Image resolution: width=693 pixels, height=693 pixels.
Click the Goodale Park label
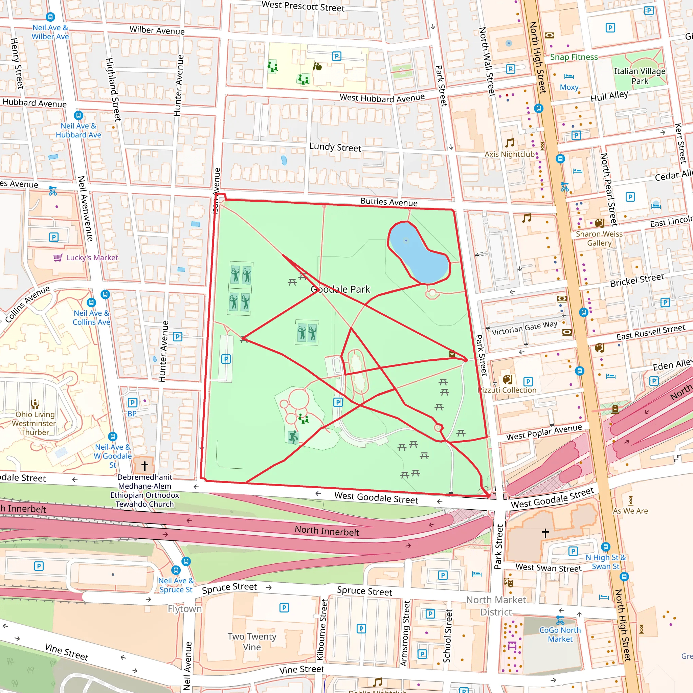[340, 289]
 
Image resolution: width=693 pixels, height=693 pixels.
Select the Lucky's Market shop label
[92, 258]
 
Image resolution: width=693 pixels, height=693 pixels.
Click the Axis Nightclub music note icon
[509, 143]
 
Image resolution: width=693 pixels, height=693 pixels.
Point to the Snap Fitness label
[574, 57]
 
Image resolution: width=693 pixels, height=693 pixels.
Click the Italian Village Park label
[640, 76]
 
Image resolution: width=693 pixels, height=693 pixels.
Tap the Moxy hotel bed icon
[569, 76]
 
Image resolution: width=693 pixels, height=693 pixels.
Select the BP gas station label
[132, 413]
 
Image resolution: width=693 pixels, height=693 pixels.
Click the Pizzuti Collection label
[508, 390]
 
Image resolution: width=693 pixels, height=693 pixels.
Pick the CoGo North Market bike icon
[560, 620]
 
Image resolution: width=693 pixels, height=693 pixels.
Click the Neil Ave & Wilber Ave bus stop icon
[50, 17]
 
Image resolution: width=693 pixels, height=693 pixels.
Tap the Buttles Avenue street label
[389, 202]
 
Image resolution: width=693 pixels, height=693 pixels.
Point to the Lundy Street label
[335, 147]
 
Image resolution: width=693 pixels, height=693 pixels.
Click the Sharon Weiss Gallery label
[599, 238]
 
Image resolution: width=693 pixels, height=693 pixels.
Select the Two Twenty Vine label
[252, 641]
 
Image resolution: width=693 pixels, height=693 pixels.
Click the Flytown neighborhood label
[185, 609]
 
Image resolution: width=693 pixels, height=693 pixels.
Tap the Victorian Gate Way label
[524, 328]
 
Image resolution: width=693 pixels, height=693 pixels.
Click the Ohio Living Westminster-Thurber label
[35, 423]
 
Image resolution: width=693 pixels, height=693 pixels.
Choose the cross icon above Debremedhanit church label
[144, 466]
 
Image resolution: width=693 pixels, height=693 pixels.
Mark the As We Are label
[630, 511]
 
